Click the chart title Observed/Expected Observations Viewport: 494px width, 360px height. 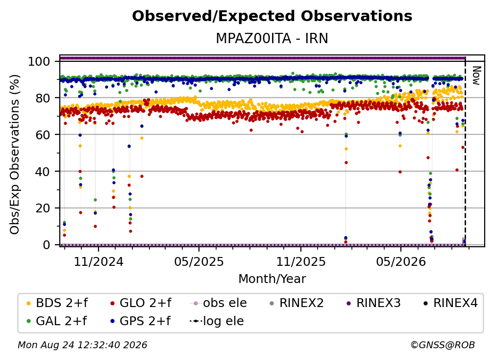click(272, 16)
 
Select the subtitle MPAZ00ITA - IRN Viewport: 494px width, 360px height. click(272, 38)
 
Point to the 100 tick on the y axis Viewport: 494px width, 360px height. click(39, 61)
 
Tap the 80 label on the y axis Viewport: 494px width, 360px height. click(43, 98)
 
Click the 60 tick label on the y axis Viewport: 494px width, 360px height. click(43, 135)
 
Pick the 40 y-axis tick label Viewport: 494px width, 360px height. click(43, 172)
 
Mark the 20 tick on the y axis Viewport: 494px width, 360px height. click(43, 208)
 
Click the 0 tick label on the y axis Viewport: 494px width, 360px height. click(47, 245)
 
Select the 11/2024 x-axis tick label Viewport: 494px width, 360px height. click(99, 261)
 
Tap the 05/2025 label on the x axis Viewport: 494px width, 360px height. click(199, 261)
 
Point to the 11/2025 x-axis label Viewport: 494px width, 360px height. click(301, 261)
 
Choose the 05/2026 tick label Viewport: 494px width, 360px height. click(401, 261)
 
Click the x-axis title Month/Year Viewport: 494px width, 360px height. click(272, 279)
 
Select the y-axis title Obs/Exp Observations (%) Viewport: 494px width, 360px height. click(15, 154)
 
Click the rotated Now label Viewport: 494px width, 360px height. click(476, 76)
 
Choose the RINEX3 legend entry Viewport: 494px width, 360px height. click(373, 303)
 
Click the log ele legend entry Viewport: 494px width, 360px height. click(217, 321)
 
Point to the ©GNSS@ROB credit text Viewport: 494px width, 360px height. click(443, 345)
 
